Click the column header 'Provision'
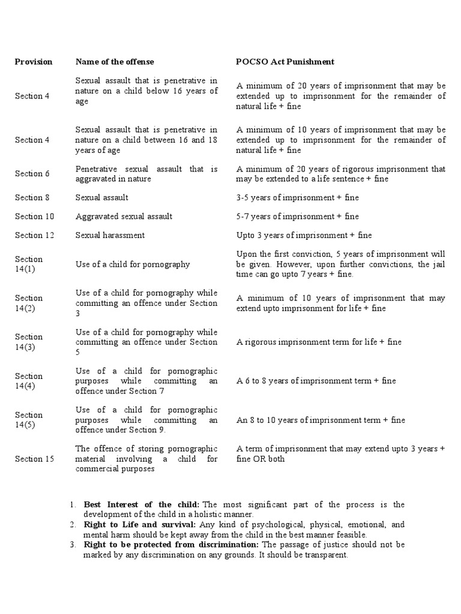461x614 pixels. (34, 62)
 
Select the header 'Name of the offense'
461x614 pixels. (115, 62)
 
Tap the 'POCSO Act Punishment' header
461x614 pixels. (285, 62)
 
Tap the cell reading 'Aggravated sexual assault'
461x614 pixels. (124, 216)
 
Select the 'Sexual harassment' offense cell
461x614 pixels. (110, 236)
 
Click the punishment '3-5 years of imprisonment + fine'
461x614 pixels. (298, 197)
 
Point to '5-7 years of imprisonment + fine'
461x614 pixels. (298, 216)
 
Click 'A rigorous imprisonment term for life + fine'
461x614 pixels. (319, 342)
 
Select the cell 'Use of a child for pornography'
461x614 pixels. (133, 264)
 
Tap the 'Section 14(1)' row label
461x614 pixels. (29, 264)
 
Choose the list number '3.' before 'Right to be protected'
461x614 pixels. (72, 544)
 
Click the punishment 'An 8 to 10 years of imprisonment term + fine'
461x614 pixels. (321, 420)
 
